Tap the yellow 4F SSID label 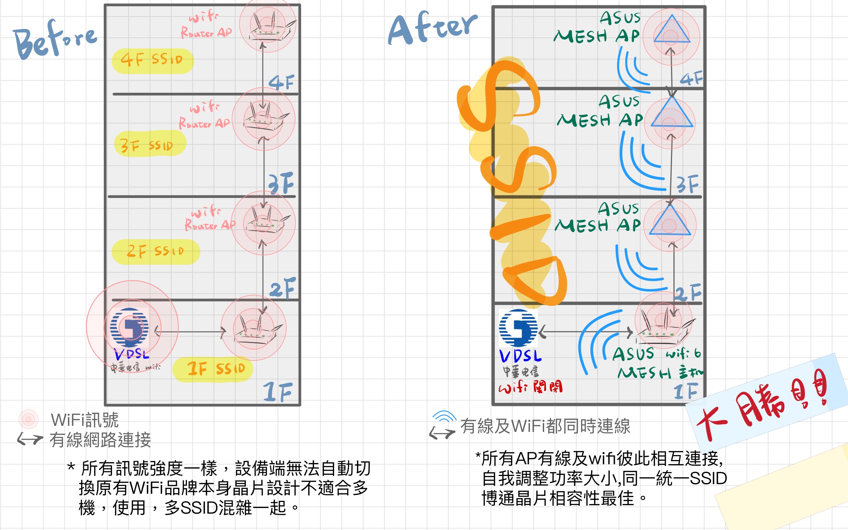pyautogui.click(x=152, y=60)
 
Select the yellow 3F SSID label pyautogui.click(x=149, y=144)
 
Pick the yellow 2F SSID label pyautogui.click(x=156, y=252)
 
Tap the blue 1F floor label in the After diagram pyautogui.click(x=685, y=391)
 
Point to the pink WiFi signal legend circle pyautogui.click(x=28, y=419)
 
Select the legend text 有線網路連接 pyautogui.click(x=100, y=440)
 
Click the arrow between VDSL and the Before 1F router pyautogui.click(x=190, y=332)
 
